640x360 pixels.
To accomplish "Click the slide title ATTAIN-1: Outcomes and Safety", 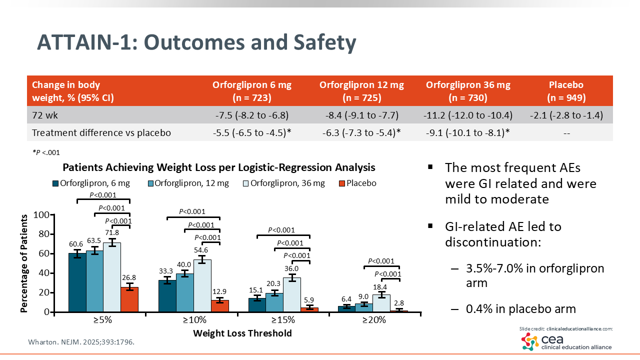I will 196,43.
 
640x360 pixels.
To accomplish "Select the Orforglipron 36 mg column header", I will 468,91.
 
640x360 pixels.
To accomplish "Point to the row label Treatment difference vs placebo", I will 101,133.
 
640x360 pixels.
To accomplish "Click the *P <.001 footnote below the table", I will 46,152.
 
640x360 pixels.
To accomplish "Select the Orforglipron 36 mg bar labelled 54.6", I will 202,285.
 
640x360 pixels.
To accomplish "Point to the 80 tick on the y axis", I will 44,234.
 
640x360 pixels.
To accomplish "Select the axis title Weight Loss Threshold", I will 242,333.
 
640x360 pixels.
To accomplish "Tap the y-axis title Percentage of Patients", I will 24,263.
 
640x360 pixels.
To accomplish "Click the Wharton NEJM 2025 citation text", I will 81,343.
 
